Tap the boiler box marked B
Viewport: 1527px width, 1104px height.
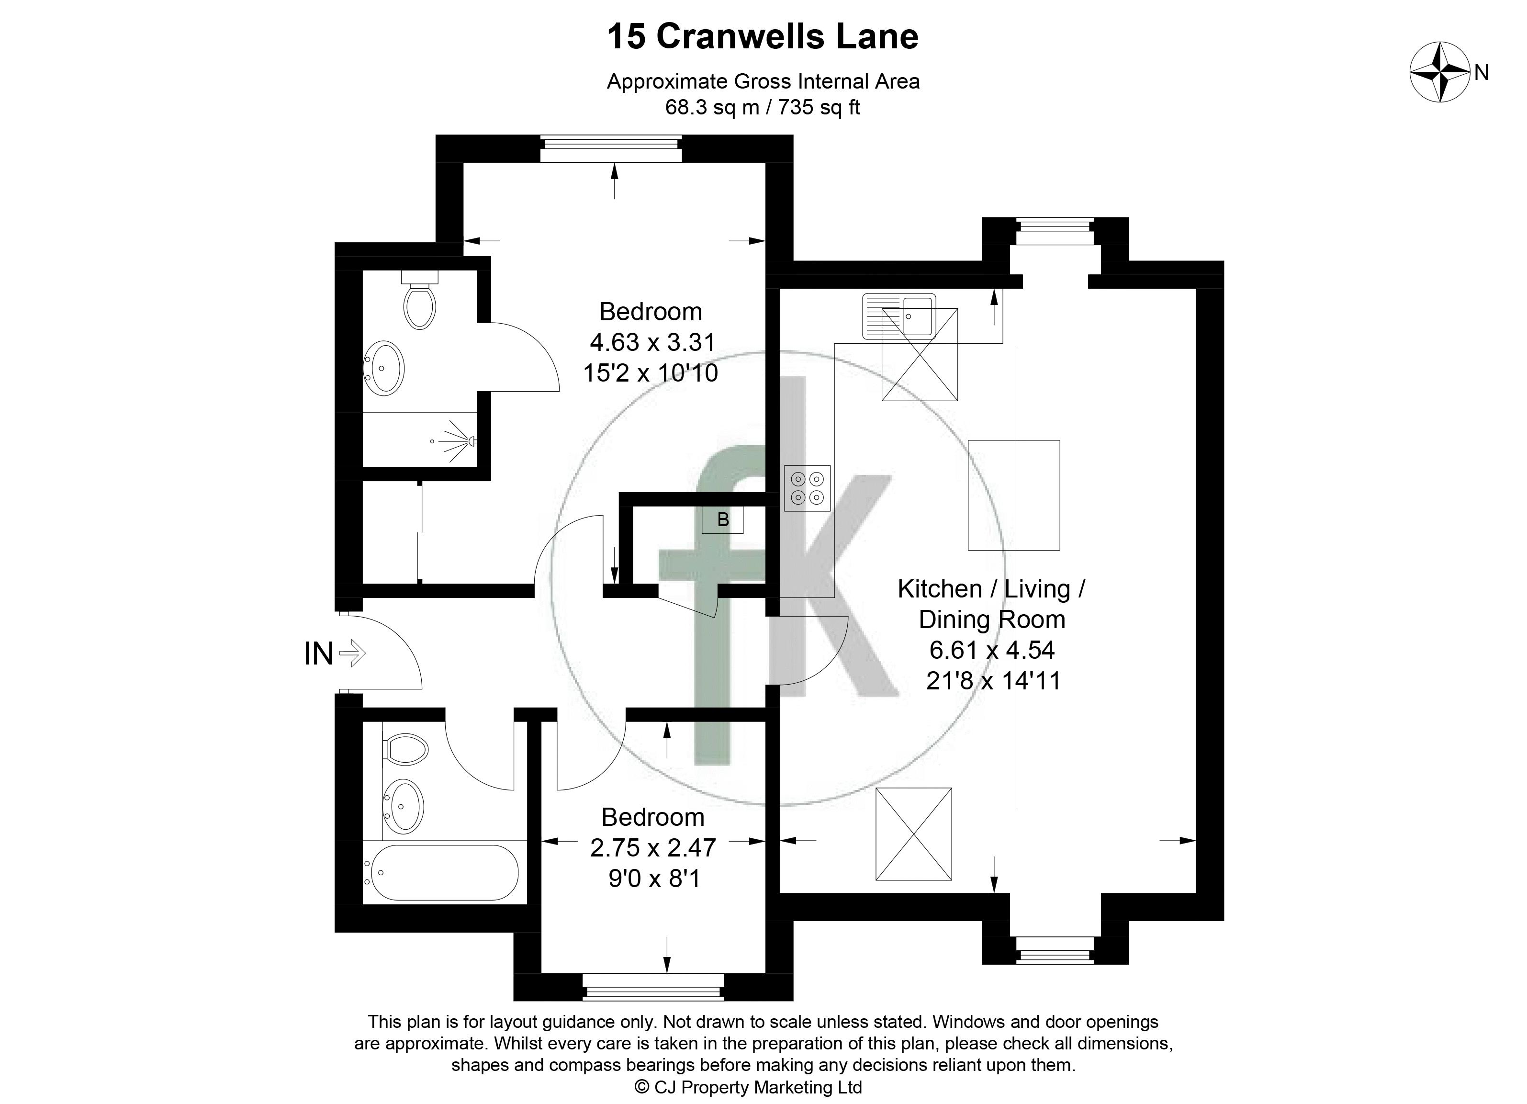click(x=722, y=520)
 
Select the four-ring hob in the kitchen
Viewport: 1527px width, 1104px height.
click(x=807, y=488)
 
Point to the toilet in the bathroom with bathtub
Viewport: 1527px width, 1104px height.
click(x=405, y=749)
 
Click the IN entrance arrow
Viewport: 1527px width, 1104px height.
click(x=353, y=653)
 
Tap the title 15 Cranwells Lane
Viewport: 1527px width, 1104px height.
click(x=763, y=36)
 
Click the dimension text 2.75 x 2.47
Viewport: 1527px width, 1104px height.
click(x=652, y=847)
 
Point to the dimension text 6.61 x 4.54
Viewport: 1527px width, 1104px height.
click(x=992, y=650)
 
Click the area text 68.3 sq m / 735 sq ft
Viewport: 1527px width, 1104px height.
click(x=763, y=107)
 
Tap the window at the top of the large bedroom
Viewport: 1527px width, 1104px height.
click(x=611, y=149)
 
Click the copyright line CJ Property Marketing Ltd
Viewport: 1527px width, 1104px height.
click(x=749, y=1086)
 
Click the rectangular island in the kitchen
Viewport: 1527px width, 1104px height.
click(x=1014, y=496)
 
